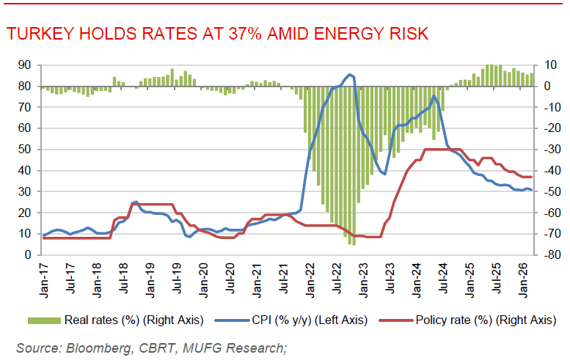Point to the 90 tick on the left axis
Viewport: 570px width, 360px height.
click(x=24, y=65)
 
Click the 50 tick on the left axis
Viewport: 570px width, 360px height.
click(x=24, y=150)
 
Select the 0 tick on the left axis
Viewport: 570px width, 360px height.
click(x=27, y=255)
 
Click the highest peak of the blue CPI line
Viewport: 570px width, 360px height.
click(x=350, y=74)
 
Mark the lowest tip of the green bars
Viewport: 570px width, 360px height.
click(x=354, y=244)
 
